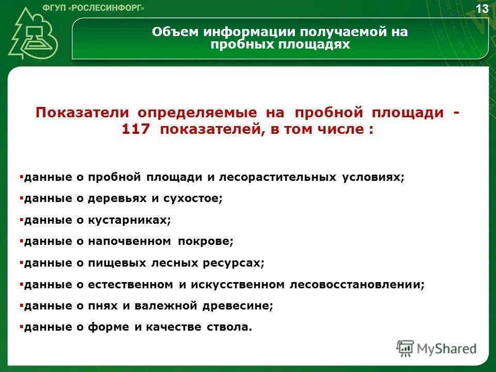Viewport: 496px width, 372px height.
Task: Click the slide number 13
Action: [x=482, y=9]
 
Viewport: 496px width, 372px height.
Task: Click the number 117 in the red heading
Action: [x=135, y=130]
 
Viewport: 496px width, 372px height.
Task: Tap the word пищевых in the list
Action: [x=117, y=262]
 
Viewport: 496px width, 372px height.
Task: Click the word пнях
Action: [x=103, y=306]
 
